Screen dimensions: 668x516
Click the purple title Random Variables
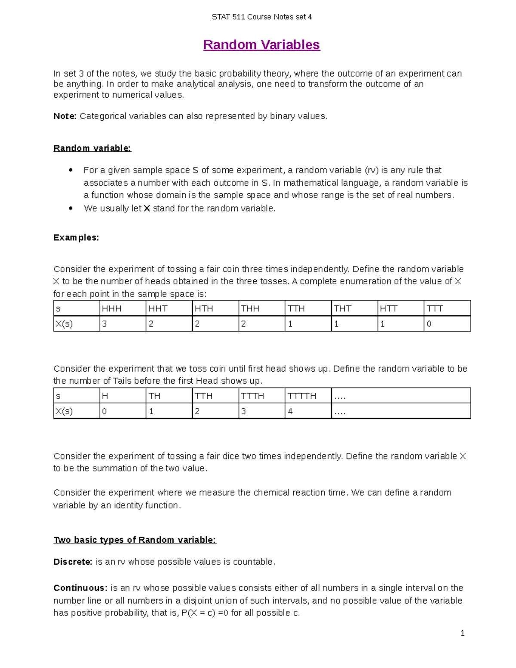(261, 45)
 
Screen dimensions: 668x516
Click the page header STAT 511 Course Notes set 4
(261, 17)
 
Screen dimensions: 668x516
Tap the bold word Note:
(65, 116)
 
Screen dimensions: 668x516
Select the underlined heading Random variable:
(92, 148)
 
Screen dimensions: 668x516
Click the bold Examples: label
(76, 238)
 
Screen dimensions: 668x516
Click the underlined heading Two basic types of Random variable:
(135, 540)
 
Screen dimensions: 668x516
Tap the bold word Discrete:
(73, 562)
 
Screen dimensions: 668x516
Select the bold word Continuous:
(80, 588)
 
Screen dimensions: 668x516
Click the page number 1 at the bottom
(463, 633)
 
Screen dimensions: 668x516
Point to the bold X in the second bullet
(147, 209)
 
